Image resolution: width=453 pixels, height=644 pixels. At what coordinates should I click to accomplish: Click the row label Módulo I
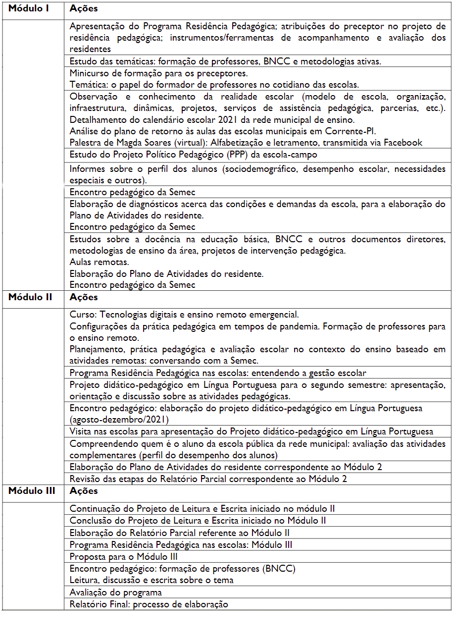pos(28,9)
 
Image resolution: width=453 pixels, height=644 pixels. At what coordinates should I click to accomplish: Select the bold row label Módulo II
pos(30,298)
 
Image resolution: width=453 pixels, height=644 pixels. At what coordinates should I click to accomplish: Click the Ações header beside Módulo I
pos(84,9)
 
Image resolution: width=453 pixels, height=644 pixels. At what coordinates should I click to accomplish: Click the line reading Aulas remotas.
pos(100,262)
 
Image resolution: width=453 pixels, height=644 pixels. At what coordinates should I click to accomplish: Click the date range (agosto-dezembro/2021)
pos(119,420)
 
